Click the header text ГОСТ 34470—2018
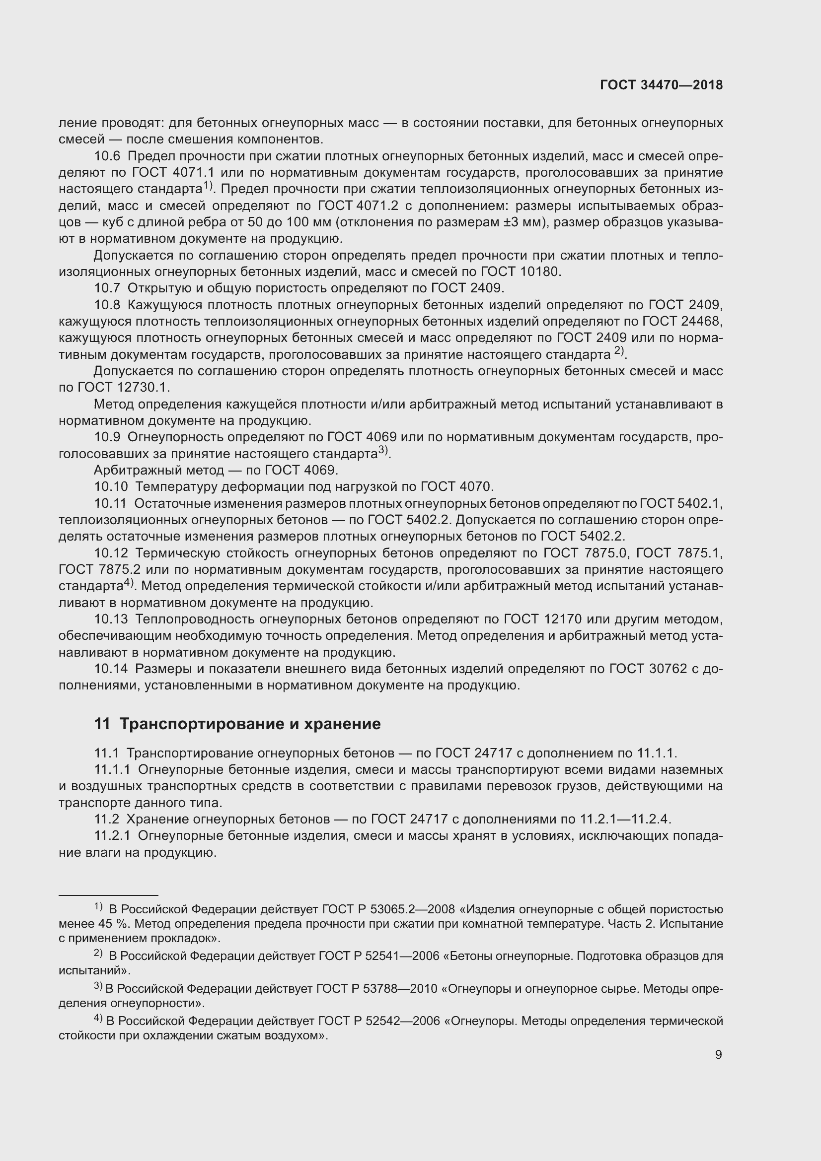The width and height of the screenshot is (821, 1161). [661, 85]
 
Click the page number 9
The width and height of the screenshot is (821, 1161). [718, 1054]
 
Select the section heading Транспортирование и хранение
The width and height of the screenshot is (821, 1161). [250, 724]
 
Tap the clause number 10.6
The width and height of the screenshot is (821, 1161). [107, 156]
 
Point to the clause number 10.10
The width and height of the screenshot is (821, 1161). [110, 487]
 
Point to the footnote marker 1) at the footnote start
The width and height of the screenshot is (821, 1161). [99, 906]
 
